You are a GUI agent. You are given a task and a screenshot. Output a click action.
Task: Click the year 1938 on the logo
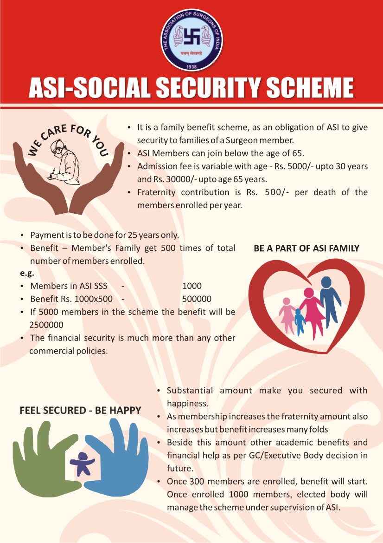(191, 66)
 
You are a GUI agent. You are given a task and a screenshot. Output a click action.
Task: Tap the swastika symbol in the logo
(191, 36)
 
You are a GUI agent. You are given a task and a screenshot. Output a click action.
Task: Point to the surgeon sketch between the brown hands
(65, 162)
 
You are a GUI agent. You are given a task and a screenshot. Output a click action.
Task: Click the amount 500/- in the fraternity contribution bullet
(276, 192)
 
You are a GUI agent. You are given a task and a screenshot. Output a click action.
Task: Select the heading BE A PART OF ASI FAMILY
(306, 249)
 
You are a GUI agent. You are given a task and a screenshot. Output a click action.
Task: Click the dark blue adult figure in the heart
(329, 301)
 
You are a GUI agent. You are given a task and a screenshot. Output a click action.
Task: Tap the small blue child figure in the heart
(300, 321)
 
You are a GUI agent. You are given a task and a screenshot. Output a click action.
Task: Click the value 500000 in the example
(197, 299)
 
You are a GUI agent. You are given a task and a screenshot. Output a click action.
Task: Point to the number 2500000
(46, 325)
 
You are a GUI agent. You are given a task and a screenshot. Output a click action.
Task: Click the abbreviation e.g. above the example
(27, 273)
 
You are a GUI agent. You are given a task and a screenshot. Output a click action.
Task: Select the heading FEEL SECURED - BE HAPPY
(81, 410)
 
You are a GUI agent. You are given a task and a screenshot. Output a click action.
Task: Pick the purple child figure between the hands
(82, 464)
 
